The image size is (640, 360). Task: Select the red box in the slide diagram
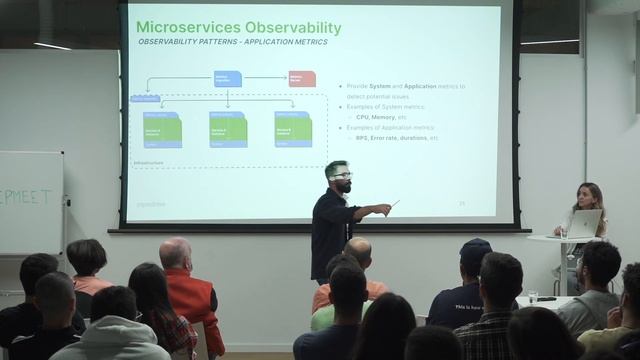point(302,78)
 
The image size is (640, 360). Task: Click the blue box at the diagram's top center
point(227,78)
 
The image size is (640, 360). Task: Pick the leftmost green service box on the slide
point(162,129)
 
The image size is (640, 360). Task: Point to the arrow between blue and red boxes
point(265,77)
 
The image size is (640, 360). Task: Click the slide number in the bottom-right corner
point(462,203)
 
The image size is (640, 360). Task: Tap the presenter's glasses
point(341,176)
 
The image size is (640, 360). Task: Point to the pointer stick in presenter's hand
point(394,204)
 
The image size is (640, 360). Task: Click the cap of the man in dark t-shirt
point(475,247)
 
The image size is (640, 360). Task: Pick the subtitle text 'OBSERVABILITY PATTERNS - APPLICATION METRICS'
point(232,44)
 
